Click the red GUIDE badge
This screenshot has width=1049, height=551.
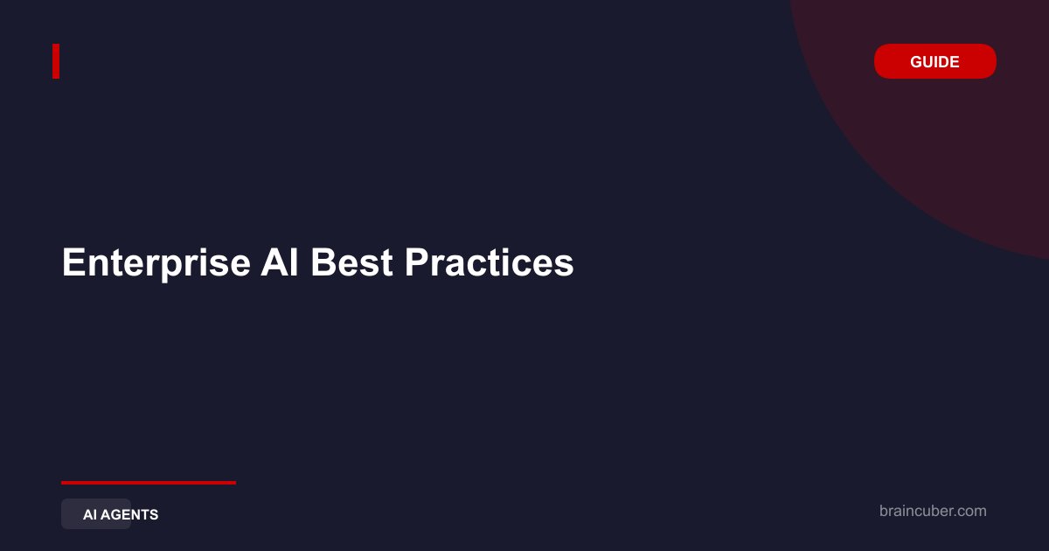click(x=934, y=61)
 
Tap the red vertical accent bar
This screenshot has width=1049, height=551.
click(x=56, y=61)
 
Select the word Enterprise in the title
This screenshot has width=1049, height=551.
click(x=156, y=263)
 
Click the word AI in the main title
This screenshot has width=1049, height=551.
click(x=279, y=262)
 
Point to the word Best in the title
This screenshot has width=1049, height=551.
click(x=351, y=262)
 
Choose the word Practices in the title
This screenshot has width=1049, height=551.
click(x=489, y=262)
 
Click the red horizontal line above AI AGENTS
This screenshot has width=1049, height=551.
click(x=149, y=482)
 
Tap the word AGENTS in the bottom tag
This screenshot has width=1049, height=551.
click(x=129, y=514)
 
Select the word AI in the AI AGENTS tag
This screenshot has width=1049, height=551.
click(x=90, y=514)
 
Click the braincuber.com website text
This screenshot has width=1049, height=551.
click(x=933, y=511)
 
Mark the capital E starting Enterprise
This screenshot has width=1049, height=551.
click(x=74, y=262)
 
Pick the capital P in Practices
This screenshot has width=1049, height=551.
click(x=418, y=262)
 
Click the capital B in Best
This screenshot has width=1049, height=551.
click(x=324, y=262)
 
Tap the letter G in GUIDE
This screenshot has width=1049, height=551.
click(x=916, y=61)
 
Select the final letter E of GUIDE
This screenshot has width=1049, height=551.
click(x=954, y=61)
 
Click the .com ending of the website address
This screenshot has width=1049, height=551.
click(x=969, y=512)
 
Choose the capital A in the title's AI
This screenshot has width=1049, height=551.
click(x=274, y=262)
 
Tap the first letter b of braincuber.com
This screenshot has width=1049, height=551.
click(x=883, y=511)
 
